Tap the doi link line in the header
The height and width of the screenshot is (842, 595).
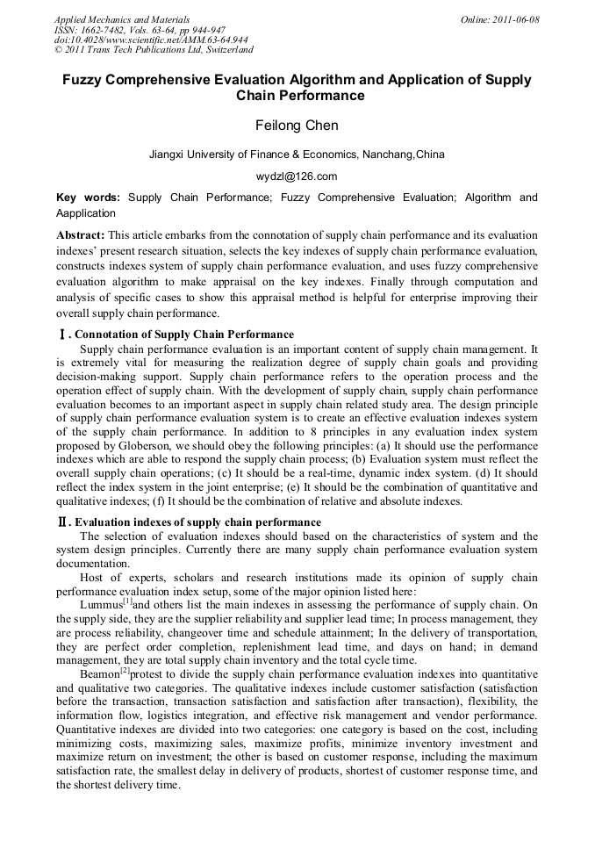[150, 40]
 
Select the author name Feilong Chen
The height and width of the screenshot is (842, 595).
[297, 126]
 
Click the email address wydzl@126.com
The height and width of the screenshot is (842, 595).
[297, 176]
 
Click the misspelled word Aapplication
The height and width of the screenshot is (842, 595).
[86, 213]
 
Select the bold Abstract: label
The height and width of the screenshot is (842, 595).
[81, 235]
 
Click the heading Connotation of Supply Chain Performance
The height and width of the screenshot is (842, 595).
[184, 335]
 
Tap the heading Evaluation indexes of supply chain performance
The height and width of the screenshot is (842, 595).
[197, 522]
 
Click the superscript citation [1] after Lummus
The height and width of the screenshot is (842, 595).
[126, 601]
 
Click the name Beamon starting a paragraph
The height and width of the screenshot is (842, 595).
[99, 673]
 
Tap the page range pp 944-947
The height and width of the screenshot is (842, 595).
[197, 30]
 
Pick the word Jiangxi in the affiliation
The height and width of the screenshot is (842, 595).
[168, 155]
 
